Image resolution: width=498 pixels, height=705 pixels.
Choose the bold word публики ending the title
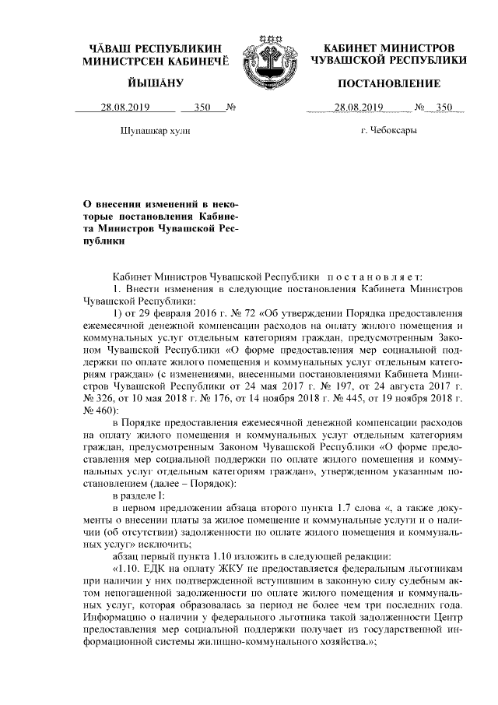104,242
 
